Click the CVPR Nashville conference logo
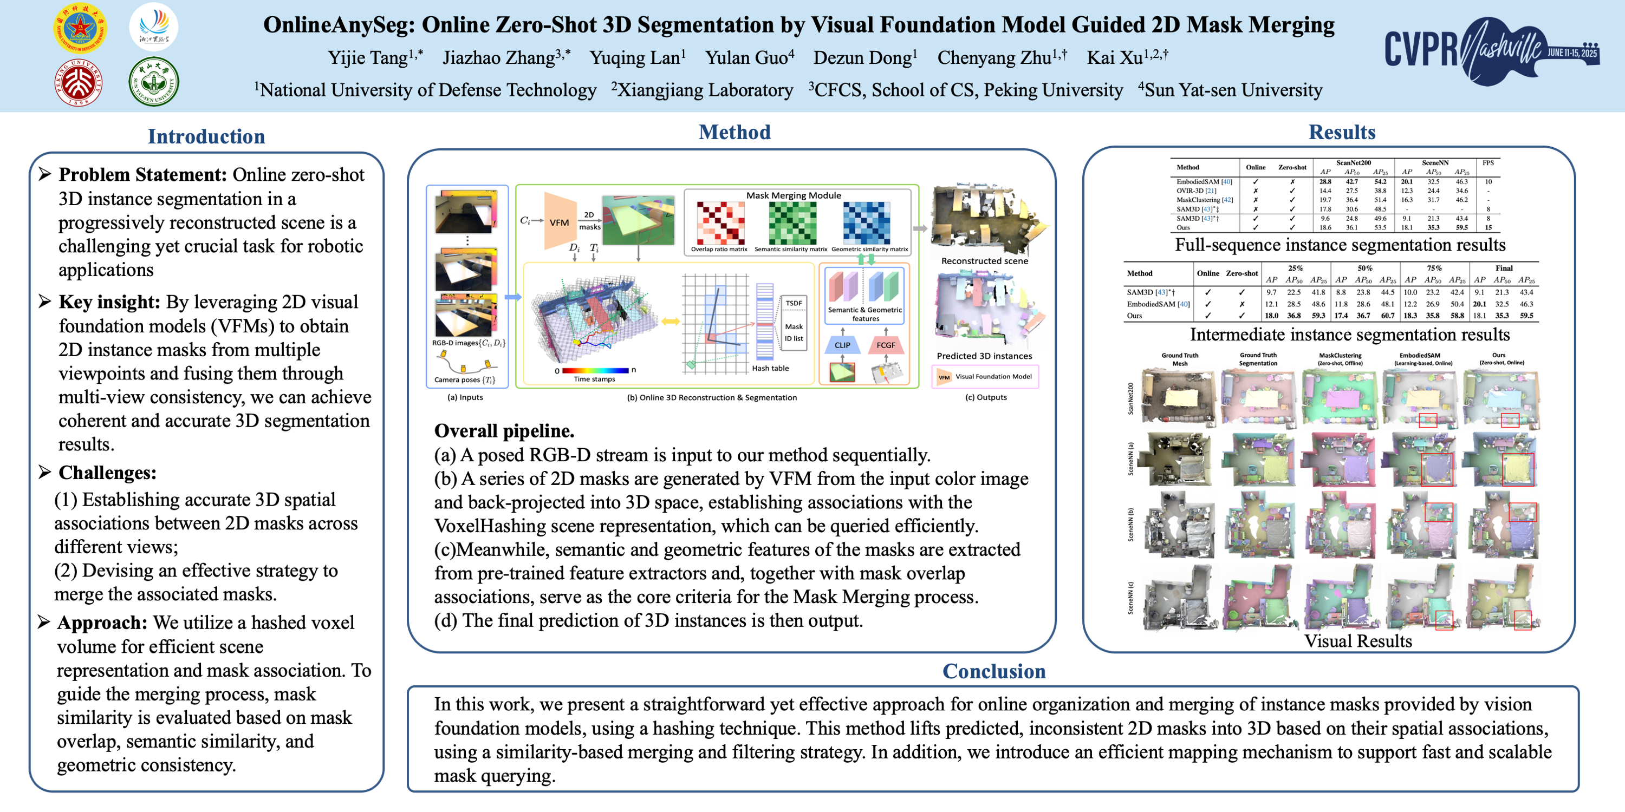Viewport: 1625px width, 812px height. (1491, 50)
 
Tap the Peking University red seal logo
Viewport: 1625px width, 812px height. (79, 83)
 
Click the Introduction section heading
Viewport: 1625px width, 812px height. (206, 136)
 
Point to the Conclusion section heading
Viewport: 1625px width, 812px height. (993, 671)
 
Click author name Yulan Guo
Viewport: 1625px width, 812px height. (749, 58)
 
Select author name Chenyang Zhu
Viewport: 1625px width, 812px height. (1001, 58)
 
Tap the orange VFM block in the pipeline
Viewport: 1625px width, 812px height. (559, 222)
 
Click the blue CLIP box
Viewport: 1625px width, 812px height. (842, 345)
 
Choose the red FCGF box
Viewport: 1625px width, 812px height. (886, 345)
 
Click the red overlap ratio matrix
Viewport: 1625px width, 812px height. (720, 222)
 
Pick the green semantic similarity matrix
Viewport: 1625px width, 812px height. (792, 222)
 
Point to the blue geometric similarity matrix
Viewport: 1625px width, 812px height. (867, 222)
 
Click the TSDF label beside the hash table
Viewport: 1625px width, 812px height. (794, 303)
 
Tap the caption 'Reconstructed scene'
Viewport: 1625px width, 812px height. (984, 261)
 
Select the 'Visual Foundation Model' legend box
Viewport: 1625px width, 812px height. (985, 377)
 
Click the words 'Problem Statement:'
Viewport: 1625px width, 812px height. (142, 175)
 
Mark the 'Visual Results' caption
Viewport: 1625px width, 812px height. (1357, 641)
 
